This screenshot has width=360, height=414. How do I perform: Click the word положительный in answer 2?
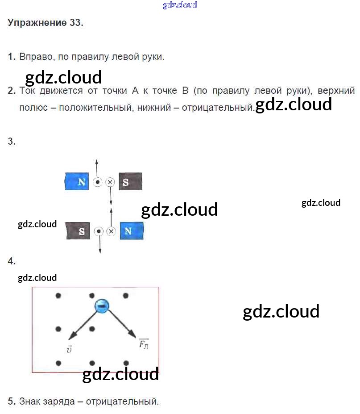pos(93,108)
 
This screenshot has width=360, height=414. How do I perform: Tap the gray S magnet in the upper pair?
pos(130,182)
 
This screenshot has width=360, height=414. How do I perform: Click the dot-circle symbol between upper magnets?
pos(97,182)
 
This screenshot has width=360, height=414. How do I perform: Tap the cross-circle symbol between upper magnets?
pos(110,182)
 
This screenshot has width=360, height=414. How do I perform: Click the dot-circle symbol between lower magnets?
pos(99,231)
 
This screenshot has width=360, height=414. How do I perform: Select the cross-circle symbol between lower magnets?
pos(112,231)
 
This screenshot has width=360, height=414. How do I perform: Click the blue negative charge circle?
pos(102,306)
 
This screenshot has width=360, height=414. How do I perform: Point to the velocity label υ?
pos(69,350)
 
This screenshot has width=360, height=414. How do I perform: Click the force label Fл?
pos(144,344)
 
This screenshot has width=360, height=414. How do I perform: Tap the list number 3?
pos(12,142)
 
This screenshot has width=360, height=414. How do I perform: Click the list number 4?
pos(12,262)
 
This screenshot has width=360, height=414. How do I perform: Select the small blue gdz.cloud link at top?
pos(180,5)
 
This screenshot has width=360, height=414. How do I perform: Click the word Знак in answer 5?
pos(31,401)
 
